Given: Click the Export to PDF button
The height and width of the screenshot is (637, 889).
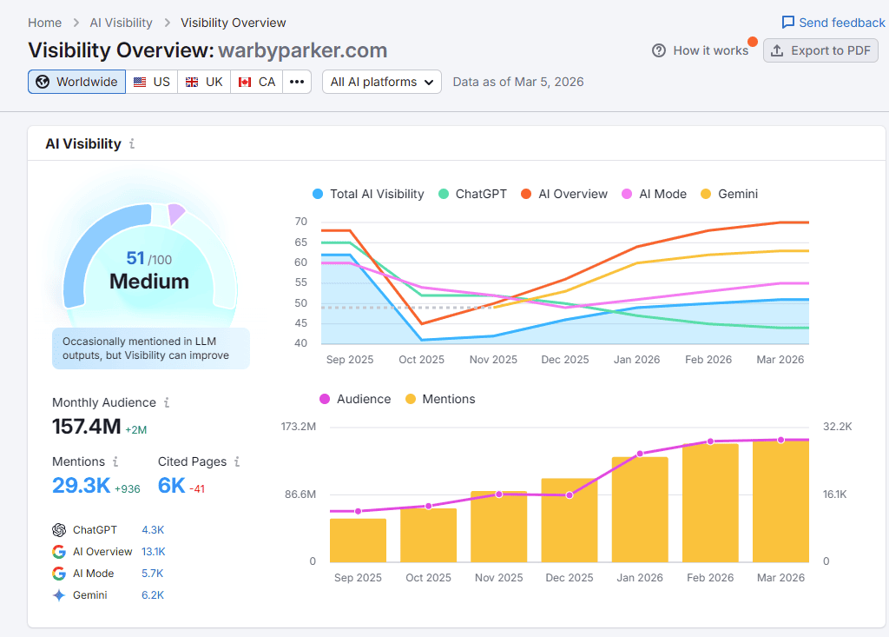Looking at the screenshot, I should tap(820, 50).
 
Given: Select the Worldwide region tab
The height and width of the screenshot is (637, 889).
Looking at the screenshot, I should tap(77, 82).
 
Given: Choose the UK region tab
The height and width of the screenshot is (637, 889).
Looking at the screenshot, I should tap(204, 82).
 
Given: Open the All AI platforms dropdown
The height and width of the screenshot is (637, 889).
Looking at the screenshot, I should tap(382, 82).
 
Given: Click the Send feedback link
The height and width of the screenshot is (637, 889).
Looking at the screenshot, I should tap(833, 23).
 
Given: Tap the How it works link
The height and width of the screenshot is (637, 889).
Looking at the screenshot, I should tap(701, 50).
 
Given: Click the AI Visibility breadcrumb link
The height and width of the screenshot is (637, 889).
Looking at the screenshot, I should tap(121, 23).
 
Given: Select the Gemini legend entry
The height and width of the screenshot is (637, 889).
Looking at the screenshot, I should tap(728, 194).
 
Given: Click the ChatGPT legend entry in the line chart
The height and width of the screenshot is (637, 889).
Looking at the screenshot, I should tap(472, 194).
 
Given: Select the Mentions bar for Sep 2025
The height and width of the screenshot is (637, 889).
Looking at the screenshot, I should tap(358, 540).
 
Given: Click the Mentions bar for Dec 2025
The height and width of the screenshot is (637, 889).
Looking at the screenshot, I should tap(570, 520).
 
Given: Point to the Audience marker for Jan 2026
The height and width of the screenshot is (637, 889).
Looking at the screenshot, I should tap(640, 454).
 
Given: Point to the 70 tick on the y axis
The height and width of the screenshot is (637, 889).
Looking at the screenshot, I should tap(301, 222).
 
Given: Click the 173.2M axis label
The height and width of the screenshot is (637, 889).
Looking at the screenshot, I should tap(298, 427).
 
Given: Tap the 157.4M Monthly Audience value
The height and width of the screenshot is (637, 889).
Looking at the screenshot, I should tap(86, 426).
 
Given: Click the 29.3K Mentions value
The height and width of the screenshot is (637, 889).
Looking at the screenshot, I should tap(81, 485).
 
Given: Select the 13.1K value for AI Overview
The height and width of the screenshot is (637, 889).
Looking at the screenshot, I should tap(154, 552).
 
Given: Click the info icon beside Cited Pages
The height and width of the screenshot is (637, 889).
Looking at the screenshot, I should tap(237, 462).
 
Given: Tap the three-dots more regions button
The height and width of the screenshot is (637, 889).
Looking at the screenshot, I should tap(297, 82).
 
